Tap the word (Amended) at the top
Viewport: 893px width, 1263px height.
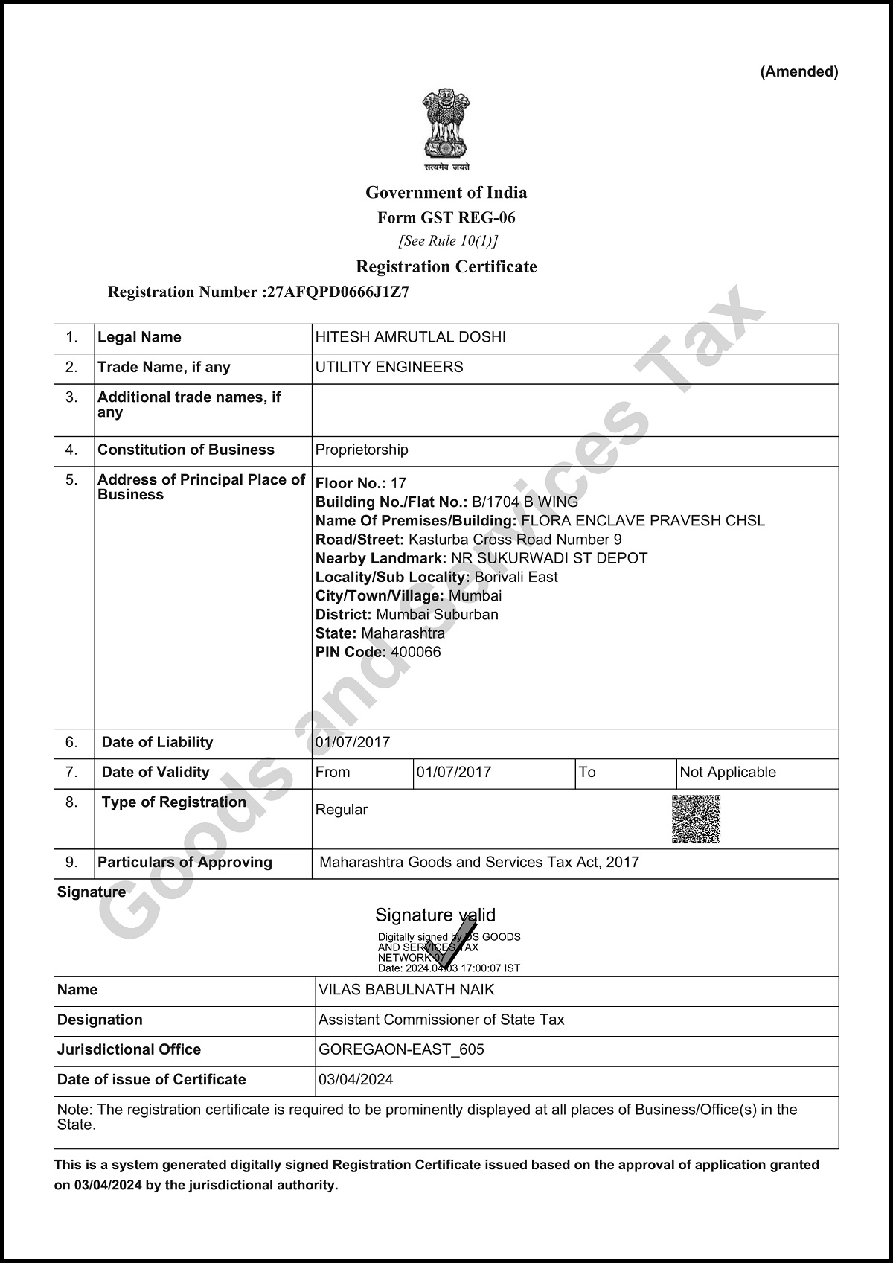click(798, 72)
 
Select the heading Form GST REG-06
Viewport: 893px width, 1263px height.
click(446, 218)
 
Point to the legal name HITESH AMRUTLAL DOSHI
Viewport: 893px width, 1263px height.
click(411, 337)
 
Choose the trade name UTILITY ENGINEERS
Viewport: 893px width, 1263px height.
click(389, 367)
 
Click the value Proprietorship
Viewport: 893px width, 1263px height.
click(362, 450)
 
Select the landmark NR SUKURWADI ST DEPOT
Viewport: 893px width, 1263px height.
click(549, 558)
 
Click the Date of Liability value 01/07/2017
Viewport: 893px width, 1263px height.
click(353, 742)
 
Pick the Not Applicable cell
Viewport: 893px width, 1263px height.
click(728, 772)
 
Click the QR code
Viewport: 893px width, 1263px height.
click(697, 819)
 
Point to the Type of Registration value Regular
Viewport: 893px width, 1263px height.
click(342, 810)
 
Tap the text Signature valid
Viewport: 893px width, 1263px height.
click(435, 915)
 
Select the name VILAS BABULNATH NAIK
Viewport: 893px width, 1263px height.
click(406, 990)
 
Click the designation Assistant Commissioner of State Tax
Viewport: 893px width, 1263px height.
click(441, 1020)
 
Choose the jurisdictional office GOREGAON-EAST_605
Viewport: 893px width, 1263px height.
click(401, 1049)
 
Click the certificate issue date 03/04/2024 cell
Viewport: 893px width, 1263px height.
click(356, 1079)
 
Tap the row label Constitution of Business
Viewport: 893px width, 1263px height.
click(186, 450)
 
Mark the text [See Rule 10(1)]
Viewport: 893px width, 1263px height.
click(449, 241)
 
